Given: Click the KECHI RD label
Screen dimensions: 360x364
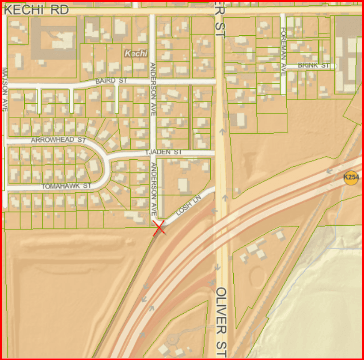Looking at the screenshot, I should [37, 10].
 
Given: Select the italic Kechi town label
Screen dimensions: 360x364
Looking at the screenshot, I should [136, 53].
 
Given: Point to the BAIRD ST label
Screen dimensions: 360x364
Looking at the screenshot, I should [111, 81].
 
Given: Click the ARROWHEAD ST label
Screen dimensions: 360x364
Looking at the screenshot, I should [57, 140].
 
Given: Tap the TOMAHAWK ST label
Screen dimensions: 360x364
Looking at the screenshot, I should [66, 186].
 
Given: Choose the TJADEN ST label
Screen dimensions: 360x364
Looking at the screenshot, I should [164, 152].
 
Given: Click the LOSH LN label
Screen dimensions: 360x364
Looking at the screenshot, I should [188, 206].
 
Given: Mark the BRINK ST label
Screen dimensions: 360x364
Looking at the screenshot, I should [314, 65].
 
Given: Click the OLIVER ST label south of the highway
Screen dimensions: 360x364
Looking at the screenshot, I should [222, 322].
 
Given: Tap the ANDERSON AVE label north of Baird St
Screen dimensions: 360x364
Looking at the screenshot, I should [153, 89].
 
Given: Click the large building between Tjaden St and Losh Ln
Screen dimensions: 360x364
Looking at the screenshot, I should [183, 185].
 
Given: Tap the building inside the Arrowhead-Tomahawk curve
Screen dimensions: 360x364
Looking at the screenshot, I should [94, 167].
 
